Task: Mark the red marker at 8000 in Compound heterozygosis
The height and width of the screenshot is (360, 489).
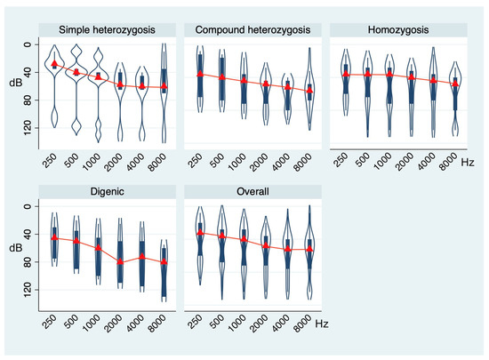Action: pos(309,91)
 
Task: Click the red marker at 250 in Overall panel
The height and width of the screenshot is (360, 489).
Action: pos(202,233)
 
